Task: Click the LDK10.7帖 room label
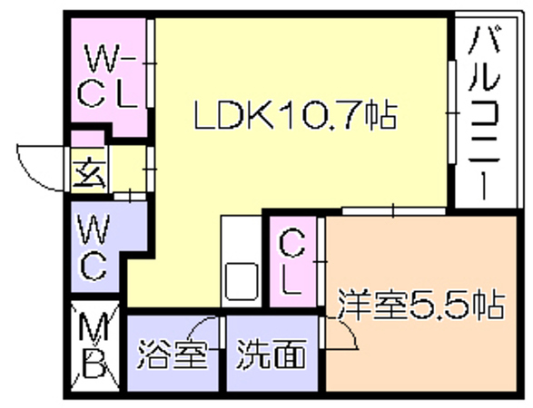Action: (x=295, y=114)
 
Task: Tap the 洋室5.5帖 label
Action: (x=421, y=304)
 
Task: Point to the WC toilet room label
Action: (x=94, y=248)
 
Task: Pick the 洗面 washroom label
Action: (x=271, y=354)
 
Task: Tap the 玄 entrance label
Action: (x=89, y=173)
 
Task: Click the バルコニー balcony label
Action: (x=485, y=112)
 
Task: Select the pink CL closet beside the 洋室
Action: (x=293, y=262)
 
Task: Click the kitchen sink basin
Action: (x=242, y=281)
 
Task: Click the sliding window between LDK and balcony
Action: (x=451, y=112)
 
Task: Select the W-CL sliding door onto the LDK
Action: (x=150, y=63)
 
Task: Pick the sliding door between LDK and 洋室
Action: (x=394, y=211)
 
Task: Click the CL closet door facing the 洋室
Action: (x=321, y=262)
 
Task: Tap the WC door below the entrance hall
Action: (x=130, y=197)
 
